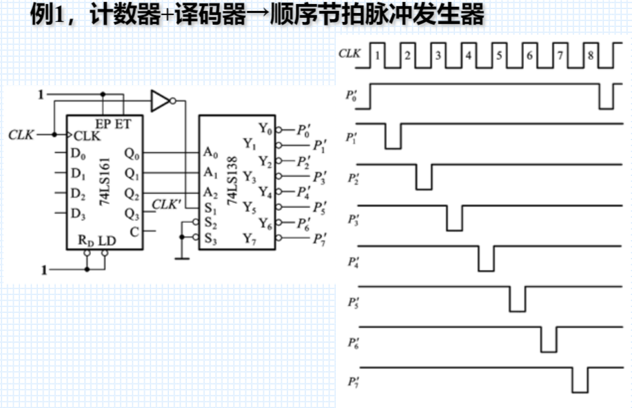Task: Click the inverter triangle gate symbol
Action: (160, 101)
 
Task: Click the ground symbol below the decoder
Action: (181, 257)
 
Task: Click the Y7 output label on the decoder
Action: (249, 238)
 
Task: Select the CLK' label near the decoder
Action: (166, 204)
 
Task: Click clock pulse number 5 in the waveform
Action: (499, 55)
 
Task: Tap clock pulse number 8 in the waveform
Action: (590, 55)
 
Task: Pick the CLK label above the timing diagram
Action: (349, 53)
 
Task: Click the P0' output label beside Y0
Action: (305, 129)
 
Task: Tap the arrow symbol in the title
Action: (274, 15)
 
